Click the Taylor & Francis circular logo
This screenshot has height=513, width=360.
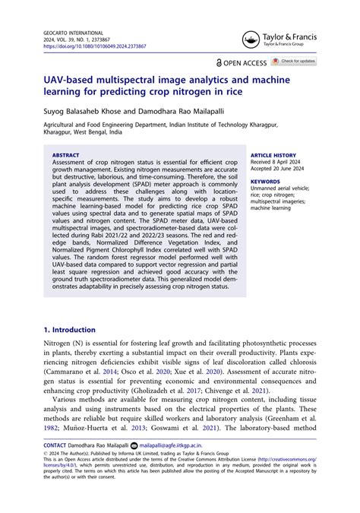point(251,40)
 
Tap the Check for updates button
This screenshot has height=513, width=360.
point(295,61)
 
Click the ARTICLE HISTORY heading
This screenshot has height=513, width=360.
point(273,155)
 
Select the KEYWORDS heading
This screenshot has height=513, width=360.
point(265,182)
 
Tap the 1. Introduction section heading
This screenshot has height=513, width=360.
point(69,330)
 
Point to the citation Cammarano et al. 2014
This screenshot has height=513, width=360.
point(79,374)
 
